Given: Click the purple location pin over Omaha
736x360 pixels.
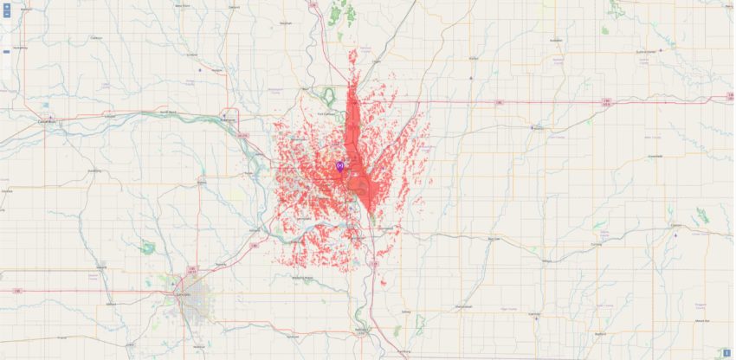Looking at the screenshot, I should pos(340,164).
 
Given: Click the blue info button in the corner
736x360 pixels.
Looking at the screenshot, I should pos(726,351).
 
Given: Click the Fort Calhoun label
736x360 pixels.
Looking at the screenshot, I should pos(326,113).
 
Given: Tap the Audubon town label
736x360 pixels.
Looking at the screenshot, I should pos(556,40).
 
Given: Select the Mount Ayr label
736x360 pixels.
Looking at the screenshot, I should pos(701,321).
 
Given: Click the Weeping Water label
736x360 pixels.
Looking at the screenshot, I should pos(302,278).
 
